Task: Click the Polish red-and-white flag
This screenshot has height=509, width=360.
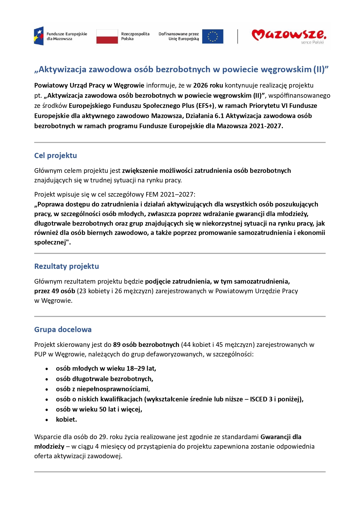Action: click(x=107, y=37)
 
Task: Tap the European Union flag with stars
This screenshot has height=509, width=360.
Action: click(x=213, y=37)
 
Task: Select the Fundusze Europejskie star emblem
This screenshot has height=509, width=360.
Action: click(x=39, y=36)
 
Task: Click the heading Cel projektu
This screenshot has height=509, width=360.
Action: click(x=55, y=155)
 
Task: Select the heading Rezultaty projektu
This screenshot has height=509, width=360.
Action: click(x=66, y=266)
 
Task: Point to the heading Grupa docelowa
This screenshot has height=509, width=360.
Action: click(x=63, y=329)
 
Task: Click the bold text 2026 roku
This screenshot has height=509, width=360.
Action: click(x=208, y=85)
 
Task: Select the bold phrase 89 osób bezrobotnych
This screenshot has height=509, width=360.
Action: click(x=146, y=345)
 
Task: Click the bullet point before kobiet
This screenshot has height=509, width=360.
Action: click(x=47, y=420)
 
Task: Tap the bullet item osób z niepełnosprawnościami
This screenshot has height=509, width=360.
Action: click(x=102, y=389)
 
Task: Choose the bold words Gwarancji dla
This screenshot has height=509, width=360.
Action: click(x=281, y=437)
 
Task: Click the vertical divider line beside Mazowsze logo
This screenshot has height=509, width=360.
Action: click(x=238, y=37)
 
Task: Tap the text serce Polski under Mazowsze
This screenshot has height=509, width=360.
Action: click(x=312, y=42)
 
